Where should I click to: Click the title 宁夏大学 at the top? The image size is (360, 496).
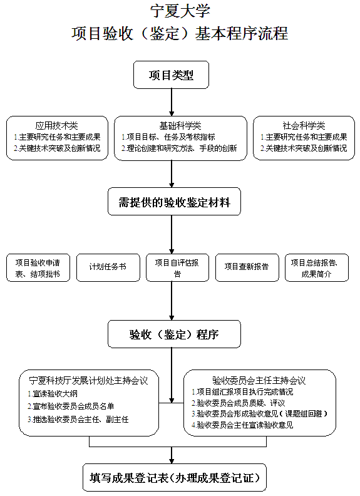tap(180, 11)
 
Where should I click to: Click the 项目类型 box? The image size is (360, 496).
tap(171, 75)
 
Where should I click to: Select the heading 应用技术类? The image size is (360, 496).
tap(56, 126)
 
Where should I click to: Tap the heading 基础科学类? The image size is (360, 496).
tap(180, 126)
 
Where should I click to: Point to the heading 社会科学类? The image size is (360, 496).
tap(304, 126)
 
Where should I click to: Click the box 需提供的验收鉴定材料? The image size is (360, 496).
tap(174, 202)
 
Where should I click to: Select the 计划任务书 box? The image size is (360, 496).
tap(108, 267)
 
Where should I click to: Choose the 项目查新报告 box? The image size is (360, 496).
tap(247, 267)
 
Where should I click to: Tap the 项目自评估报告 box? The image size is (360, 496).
tap(177, 267)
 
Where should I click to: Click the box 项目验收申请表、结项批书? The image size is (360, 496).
tap(38, 267)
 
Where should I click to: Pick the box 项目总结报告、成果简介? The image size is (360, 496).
tap(317, 267)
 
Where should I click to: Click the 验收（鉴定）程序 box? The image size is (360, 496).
tap(174, 334)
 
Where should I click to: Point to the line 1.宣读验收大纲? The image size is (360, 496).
tap(53, 393)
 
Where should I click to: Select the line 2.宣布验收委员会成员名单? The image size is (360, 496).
tap(71, 406)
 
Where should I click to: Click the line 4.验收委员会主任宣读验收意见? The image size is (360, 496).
tap(242, 425)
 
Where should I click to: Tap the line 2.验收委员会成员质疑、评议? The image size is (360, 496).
tap(238, 403)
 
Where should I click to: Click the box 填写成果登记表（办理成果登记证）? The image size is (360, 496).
tap(175, 478)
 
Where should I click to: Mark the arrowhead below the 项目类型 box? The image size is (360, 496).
tap(172, 113)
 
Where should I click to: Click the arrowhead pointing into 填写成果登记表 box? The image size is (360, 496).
tap(172, 461)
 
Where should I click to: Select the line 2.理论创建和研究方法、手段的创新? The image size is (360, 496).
tap(179, 148)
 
